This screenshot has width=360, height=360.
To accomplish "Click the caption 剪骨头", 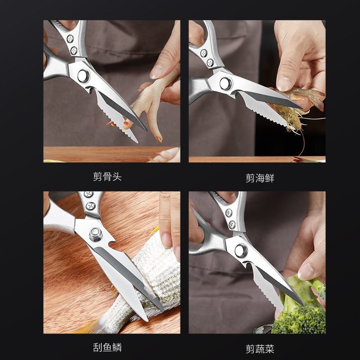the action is (107, 176).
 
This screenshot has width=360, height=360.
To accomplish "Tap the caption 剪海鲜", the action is (260, 178).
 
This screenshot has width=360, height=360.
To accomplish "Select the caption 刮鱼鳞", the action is (107, 347).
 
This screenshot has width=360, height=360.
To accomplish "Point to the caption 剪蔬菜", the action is (260, 349).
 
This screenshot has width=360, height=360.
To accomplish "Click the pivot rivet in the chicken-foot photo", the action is (83, 76).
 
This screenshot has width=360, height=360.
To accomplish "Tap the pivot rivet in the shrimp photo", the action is (225, 83).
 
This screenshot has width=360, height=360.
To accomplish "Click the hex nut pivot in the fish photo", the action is (96, 234).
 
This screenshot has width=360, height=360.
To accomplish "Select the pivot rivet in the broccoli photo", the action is (240, 250).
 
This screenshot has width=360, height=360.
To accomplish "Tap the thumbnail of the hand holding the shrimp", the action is (284, 84).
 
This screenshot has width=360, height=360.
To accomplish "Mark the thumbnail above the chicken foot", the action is (157, 72).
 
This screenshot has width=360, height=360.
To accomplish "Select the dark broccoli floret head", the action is (298, 320).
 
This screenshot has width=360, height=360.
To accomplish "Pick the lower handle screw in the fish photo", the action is (91, 206).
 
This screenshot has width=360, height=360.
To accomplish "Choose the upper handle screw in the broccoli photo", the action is (229, 213).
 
